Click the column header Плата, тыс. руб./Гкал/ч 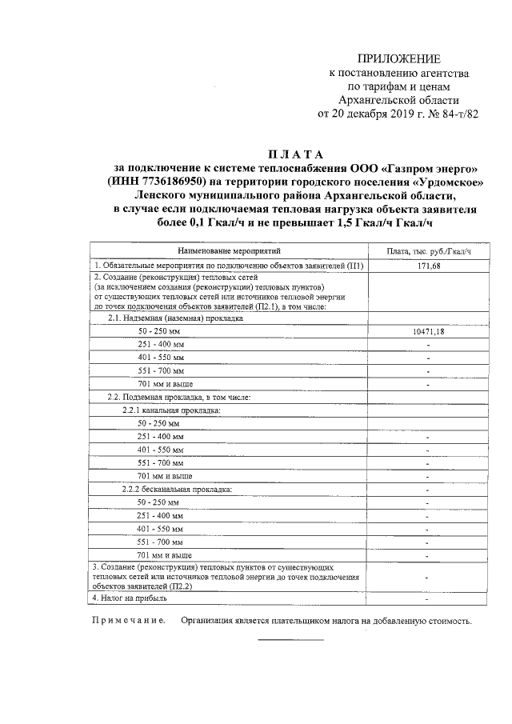429,251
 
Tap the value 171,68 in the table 429,266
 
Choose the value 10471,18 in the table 429,330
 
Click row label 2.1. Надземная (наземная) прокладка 174,318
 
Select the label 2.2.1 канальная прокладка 170,410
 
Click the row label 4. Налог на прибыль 130,598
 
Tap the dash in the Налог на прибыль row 428,598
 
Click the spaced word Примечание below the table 129,621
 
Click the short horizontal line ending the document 290,640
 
